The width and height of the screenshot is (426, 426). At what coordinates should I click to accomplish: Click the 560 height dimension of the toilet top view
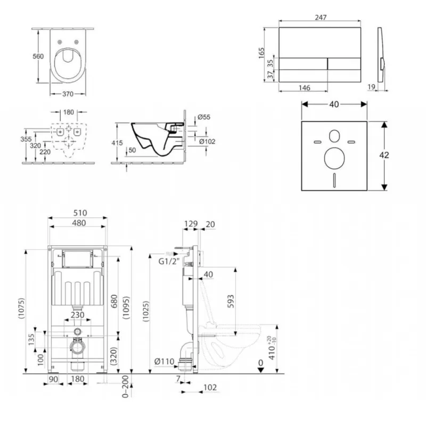[38, 56]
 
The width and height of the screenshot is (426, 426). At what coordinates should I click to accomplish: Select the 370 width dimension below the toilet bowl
[68, 94]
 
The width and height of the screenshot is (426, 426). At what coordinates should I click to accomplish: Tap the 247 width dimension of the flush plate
[321, 18]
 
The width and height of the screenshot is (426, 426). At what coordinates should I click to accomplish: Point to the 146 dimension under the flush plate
[304, 88]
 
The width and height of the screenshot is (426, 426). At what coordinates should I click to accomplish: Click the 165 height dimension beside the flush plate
[261, 53]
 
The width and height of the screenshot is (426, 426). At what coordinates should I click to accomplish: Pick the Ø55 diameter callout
[204, 117]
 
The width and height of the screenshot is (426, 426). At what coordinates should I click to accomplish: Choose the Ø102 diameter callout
[207, 142]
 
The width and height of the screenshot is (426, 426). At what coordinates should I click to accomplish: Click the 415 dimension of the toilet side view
[117, 143]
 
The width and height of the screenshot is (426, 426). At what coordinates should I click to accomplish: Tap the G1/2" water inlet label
[169, 261]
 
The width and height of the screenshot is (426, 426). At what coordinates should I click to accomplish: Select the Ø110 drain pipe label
[165, 362]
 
